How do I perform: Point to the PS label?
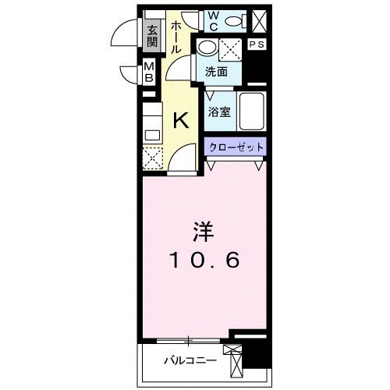point(257,45)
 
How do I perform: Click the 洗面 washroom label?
point(216,72)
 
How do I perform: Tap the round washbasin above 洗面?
point(206,47)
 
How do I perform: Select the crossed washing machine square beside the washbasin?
point(232,50)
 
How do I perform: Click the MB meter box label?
point(149,75)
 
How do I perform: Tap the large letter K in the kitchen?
point(180,121)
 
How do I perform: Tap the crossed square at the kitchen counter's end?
point(152,158)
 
